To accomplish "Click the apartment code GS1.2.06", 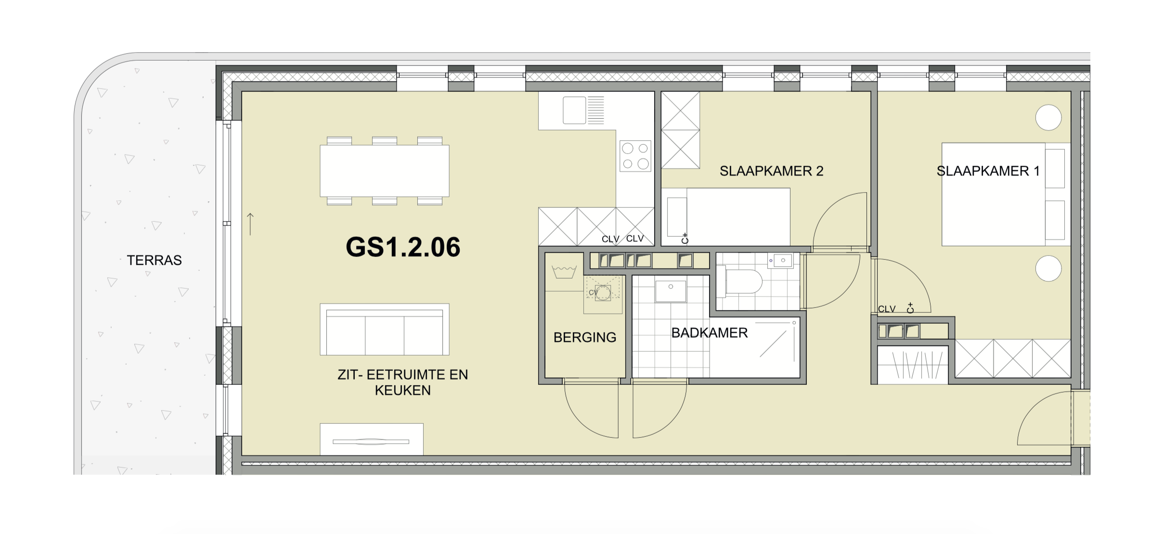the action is [x=403, y=247].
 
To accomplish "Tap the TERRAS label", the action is [x=154, y=260].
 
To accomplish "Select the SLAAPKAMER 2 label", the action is [x=771, y=171].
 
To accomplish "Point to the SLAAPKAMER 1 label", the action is [x=988, y=171].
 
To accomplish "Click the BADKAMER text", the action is [x=710, y=333].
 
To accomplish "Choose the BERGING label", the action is [x=585, y=337].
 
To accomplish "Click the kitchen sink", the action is [x=583, y=110].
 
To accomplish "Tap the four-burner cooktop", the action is [x=635, y=156].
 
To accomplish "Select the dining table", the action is [x=385, y=171].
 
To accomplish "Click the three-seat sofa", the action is [x=385, y=329].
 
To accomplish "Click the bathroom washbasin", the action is [x=671, y=292].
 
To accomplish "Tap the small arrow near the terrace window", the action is [x=250, y=224].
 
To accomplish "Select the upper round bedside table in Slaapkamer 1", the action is [x=1048, y=117].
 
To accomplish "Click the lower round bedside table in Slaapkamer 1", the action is [x=1048, y=268].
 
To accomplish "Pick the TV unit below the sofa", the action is [x=372, y=439].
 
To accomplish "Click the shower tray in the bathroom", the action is [x=754, y=346].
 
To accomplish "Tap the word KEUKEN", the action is [x=403, y=390].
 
